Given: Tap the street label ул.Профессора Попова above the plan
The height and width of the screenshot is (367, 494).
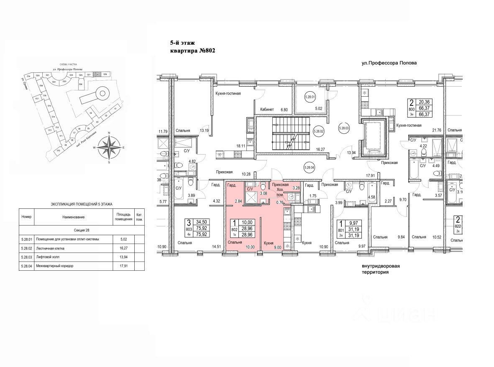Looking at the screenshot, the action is pyautogui.click(x=389, y=63).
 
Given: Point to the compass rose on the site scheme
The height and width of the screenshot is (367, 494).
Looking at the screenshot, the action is pyautogui.click(x=109, y=147).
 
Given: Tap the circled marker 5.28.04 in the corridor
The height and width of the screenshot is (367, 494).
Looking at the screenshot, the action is pyautogui.click(x=311, y=168).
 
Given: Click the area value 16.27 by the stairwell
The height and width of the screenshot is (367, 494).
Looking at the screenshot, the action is pyautogui.click(x=321, y=149).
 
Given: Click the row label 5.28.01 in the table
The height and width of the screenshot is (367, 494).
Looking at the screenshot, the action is pyautogui.click(x=26, y=239).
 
